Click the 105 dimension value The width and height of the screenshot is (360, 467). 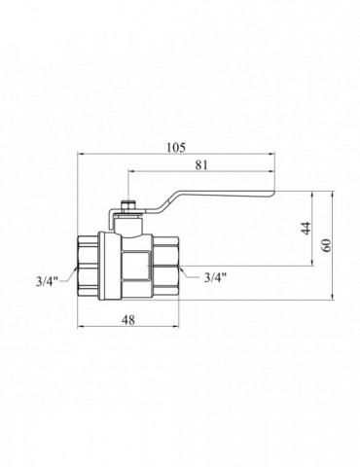176,147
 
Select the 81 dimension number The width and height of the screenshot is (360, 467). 201,165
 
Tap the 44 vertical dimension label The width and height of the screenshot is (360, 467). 306,229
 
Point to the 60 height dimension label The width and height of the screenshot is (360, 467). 327,245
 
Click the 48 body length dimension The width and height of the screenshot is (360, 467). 128,320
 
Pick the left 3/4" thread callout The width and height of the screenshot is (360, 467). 47,281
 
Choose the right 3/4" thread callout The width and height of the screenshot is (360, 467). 215,277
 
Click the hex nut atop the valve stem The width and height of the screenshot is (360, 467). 128,205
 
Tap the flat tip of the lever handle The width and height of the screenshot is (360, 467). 273,194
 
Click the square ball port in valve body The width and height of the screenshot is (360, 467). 135,267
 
